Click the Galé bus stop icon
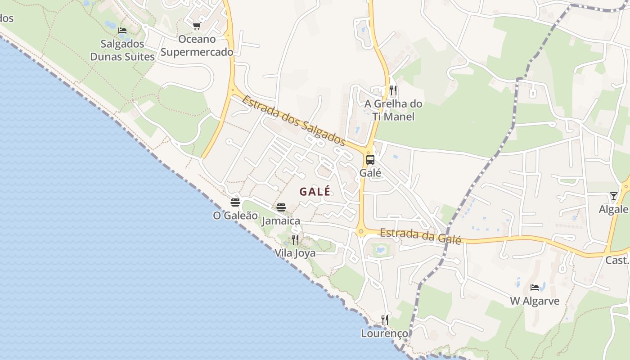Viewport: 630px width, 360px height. (x=370, y=160)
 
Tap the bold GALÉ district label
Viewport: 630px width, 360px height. (x=315, y=191)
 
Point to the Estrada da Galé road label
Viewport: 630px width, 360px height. (x=420, y=236)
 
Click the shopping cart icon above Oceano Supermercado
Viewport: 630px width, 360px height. (x=197, y=26)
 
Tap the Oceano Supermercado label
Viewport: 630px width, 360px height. (x=197, y=45)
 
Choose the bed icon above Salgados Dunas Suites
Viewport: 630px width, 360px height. (x=122, y=31)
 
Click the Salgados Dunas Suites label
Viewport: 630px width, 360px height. (x=122, y=50)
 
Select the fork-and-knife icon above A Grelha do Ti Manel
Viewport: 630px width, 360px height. (x=393, y=90)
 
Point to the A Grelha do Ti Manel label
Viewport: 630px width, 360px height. (x=393, y=110)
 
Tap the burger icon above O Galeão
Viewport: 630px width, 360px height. (x=235, y=202)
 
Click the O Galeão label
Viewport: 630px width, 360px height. (x=235, y=216)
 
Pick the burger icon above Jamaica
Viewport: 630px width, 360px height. (x=281, y=207)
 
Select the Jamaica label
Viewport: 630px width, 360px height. (x=281, y=221)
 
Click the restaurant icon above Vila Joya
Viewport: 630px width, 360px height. (x=295, y=239)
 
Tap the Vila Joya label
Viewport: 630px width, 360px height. (x=295, y=253)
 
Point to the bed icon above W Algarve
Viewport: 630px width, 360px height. (x=535, y=287)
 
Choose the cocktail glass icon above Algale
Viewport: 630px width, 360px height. (x=614, y=196)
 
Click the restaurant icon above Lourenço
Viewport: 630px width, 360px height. (x=385, y=320)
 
